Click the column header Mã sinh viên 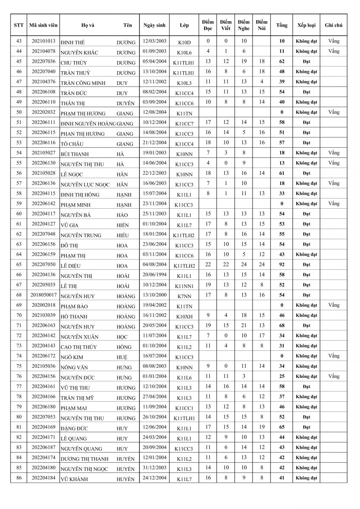(x=43, y=25)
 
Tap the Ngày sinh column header (x=154, y=25)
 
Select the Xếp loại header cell (x=306, y=25)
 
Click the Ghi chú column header (x=334, y=25)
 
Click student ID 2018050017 (x=43, y=295)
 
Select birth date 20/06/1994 (x=155, y=274)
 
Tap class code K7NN (x=184, y=295)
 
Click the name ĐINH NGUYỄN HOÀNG (x=88, y=123)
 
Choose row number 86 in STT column (x=19, y=478)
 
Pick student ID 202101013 (x=43, y=41)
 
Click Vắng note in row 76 (x=334, y=376)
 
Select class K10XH (x=184, y=316)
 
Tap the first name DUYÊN (x=126, y=103)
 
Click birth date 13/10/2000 (x=155, y=295)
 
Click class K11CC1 (x=184, y=407)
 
